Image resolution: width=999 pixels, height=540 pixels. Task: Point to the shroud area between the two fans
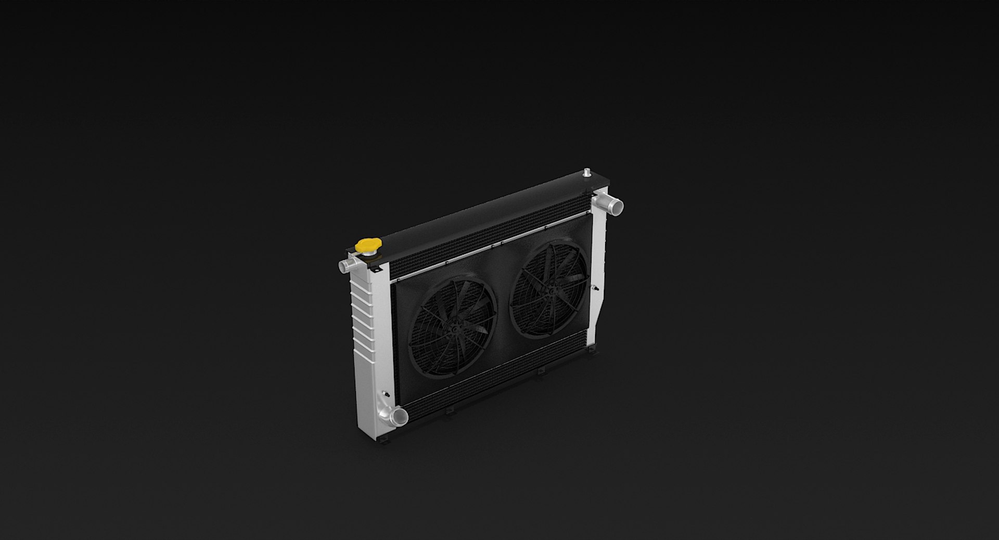click(x=501, y=312)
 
